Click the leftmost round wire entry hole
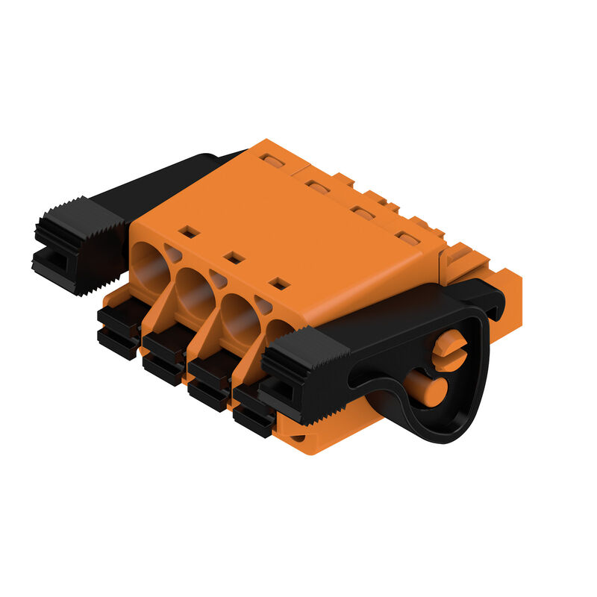pos(151,267)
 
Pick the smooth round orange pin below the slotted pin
pos(430,390)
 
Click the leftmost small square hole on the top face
pos(190,232)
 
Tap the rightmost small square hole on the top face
pos(278,283)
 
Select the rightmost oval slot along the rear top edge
pos(407,238)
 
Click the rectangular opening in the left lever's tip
pos(53,262)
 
